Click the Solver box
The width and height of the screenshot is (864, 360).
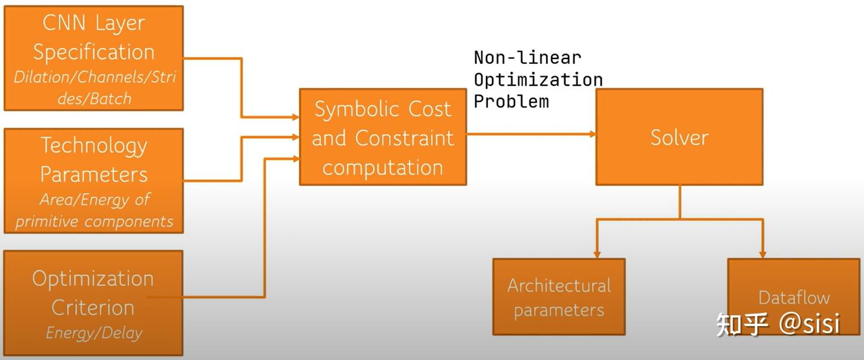pos(679,137)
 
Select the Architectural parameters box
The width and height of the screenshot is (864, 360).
pos(559,297)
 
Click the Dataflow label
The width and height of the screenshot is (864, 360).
pos(794,297)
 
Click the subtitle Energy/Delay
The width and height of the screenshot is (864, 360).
pos(94,333)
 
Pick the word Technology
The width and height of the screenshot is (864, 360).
pos(94,145)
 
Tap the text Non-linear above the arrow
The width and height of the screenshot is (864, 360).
pos(527,58)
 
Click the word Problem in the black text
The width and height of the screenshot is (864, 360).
pos(511,101)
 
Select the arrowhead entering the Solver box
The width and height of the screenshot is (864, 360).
pos(593,134)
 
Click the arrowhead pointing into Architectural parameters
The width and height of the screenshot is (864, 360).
pos(597,255)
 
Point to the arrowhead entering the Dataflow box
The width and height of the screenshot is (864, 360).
pos(763,255)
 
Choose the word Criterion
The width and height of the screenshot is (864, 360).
pos(92,308)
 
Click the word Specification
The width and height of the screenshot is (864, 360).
pos(94,52)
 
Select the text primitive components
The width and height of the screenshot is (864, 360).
pos(94,222)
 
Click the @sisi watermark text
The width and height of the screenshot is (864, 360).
pos(809,323)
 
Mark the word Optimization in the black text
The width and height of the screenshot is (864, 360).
pos(538,79)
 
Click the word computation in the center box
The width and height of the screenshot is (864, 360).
pos(382,167)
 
